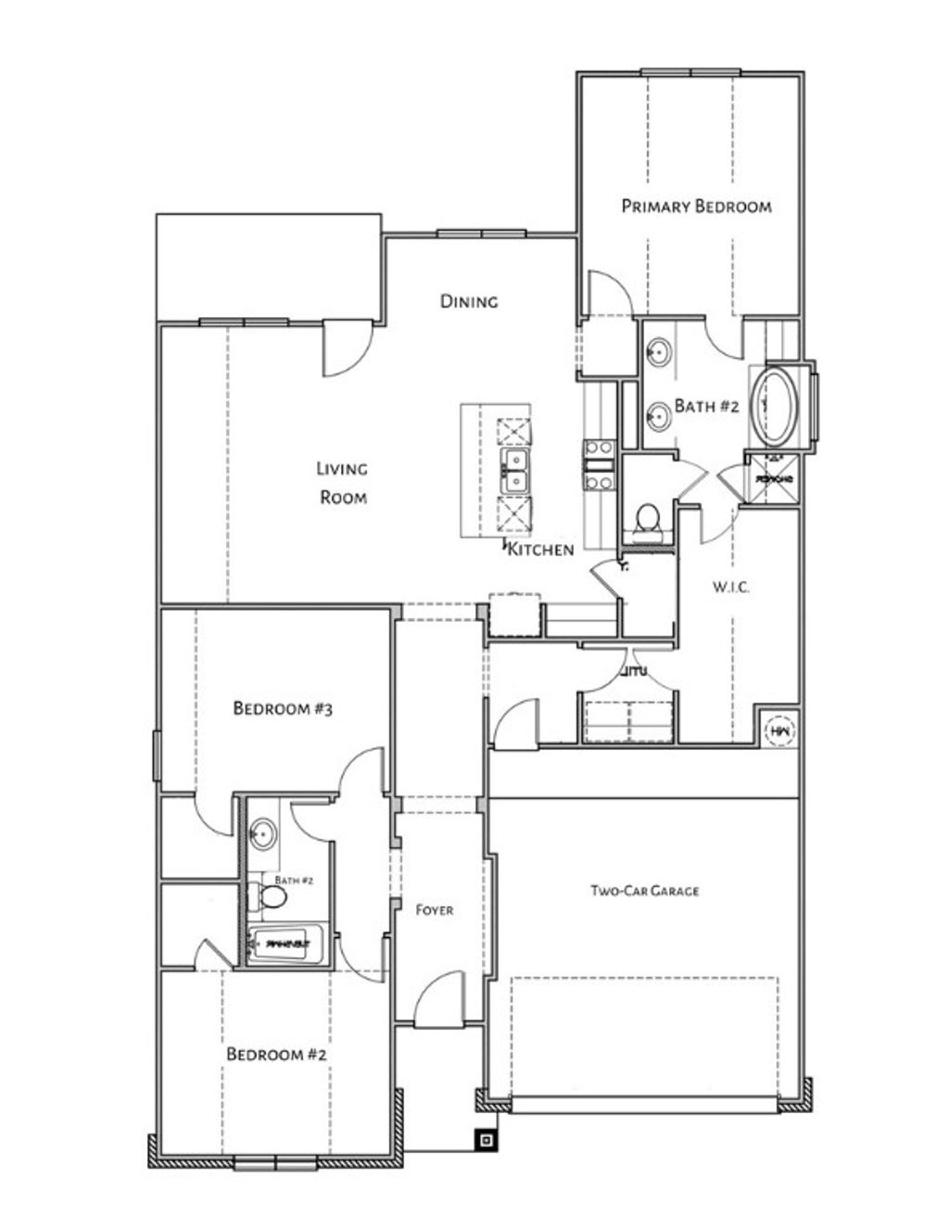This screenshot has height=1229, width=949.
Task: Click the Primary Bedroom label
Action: pos(696,206)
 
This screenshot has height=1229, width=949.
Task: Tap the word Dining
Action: pos(469,301)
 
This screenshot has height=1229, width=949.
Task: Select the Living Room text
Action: pos(343,483)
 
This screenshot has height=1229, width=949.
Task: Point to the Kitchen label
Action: pos(541,550)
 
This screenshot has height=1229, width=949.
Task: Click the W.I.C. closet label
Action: pos(731,587)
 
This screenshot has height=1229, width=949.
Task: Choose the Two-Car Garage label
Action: pos(645,891)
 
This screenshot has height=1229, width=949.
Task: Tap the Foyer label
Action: pos(434,910)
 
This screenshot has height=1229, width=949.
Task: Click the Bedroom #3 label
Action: pos(283,709)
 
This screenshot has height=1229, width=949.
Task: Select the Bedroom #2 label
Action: pos(276,1055)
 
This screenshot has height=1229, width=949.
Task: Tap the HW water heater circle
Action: pos(778,730)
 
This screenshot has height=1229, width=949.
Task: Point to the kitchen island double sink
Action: pos(514,471)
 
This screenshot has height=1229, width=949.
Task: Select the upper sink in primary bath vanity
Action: pos(659,352)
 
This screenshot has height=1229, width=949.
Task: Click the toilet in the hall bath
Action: pos(270,896)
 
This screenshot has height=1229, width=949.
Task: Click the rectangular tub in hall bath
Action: pos(286,944)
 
